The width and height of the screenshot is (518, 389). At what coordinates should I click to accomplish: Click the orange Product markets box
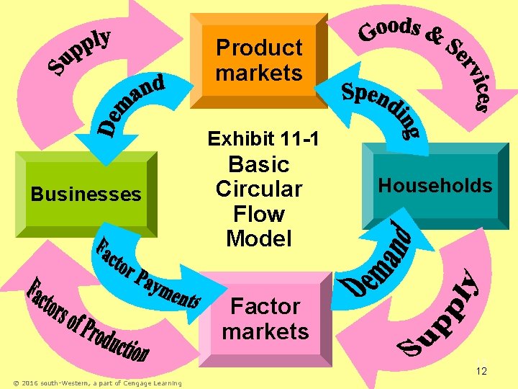coord(259,61)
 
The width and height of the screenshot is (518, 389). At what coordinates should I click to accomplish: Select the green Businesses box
coord(86,194)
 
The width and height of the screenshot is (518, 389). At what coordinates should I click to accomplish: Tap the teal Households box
coord(435,186)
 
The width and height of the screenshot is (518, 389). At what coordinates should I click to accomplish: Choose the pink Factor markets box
coord(265,319)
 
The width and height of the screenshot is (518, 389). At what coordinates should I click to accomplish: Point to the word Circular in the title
coord(258,189)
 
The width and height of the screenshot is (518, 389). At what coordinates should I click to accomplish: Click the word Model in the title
coord(258,238)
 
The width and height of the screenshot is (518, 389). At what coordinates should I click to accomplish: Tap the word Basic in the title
coord(258,165)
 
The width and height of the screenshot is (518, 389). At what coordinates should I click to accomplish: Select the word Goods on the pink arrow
coord(389,29)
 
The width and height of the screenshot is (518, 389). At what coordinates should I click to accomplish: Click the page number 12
coord(482,371)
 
